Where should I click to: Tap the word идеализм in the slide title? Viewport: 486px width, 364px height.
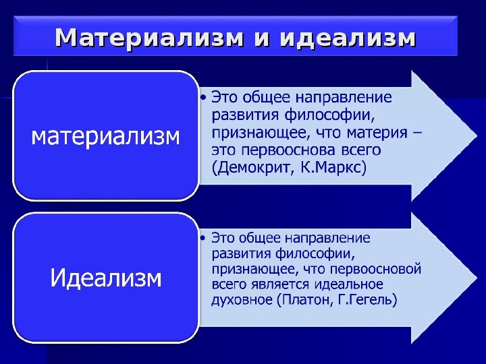tap(347, 38)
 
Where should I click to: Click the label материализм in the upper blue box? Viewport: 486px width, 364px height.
tap(107, 137)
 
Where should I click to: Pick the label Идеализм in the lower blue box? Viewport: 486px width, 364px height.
tap(107, 277)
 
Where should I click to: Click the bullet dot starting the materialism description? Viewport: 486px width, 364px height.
tap(205, 98)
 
